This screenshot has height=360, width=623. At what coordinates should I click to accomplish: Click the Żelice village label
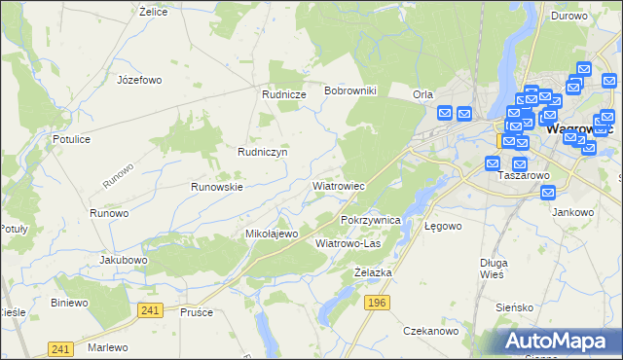(154, 12)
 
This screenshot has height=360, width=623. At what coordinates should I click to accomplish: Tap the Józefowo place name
(138, 80)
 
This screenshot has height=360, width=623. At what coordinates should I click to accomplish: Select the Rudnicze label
(284, 94)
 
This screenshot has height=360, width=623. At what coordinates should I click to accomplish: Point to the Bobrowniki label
(356, 90)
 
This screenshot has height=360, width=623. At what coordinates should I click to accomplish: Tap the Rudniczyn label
(262, 152)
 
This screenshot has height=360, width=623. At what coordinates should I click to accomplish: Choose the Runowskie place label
(216, 186)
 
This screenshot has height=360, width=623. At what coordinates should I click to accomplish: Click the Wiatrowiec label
(338, 185)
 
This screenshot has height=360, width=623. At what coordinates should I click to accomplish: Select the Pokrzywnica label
(371, 221)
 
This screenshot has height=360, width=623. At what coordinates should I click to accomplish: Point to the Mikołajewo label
(271, 234)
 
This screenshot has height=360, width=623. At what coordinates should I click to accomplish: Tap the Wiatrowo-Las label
(348, 243)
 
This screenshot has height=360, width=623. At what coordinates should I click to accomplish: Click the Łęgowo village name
(443, 225)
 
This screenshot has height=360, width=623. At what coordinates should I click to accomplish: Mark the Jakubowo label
(123, 261)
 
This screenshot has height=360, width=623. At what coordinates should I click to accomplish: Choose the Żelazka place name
(373, 272)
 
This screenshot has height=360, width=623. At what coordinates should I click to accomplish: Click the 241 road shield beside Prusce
(149, 309)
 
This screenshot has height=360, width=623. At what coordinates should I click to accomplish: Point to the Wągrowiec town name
(581, 127)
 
